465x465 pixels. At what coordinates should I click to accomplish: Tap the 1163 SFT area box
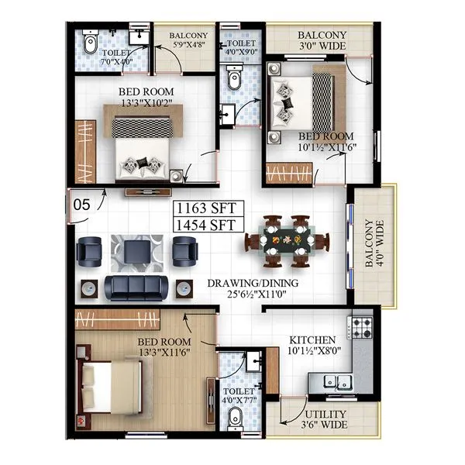(209, 208)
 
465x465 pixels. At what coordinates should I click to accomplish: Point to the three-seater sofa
(137, 288)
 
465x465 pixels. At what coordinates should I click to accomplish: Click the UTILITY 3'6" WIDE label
(325, 418)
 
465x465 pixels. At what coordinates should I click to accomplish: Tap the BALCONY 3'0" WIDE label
(322, 40)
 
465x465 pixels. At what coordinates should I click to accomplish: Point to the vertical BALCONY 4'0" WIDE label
(374, 247)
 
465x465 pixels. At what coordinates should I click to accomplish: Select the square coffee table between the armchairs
(139, 250)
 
